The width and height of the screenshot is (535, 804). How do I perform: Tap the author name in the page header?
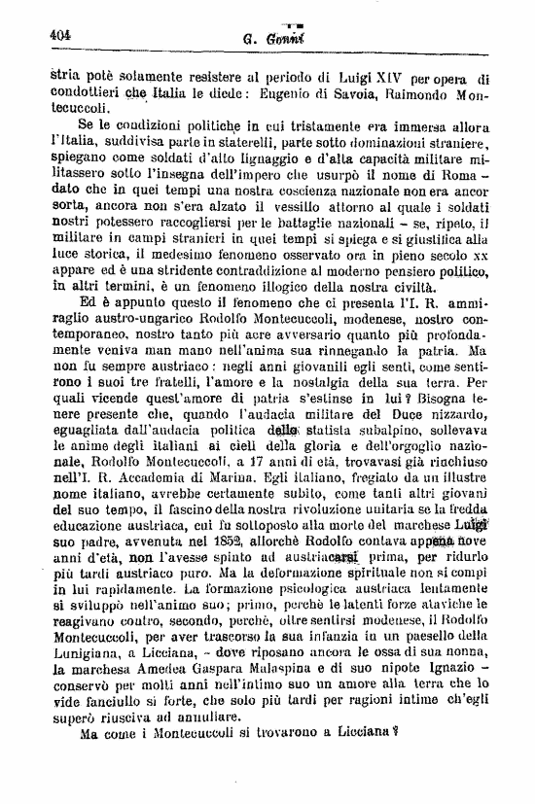[x=267, y=38]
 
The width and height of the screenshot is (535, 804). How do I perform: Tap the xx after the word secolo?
[x=478, y=290]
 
